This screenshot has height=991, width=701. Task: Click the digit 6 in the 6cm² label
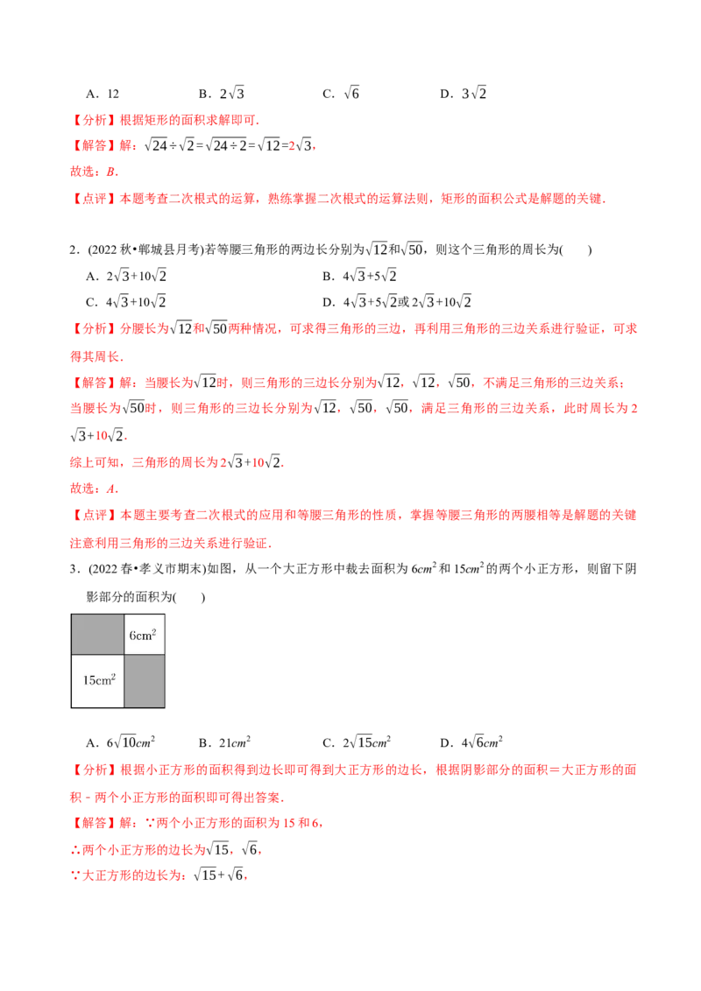pos(132,636)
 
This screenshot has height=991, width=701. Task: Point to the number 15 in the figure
pos(89,679)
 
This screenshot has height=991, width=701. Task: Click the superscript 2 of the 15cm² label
pos(113,675)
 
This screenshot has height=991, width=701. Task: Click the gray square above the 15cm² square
pos(97,634)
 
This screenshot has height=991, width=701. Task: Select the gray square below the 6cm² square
pos(144,680)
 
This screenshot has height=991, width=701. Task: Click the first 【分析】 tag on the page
pos(92,121)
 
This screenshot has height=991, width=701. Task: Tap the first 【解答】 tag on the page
pos(92,146)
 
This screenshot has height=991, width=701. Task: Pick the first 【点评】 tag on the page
pos(92,199)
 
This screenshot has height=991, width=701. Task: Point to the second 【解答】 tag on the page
pos(92,383)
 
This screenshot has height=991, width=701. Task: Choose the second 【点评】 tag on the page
pos(92,516)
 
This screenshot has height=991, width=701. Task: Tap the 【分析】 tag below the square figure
pos(92,770)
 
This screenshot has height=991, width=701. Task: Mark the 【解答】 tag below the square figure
pos(92,824)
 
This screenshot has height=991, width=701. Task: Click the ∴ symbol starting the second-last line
pos(74,850)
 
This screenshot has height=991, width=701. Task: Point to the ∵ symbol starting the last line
pos(74,876)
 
